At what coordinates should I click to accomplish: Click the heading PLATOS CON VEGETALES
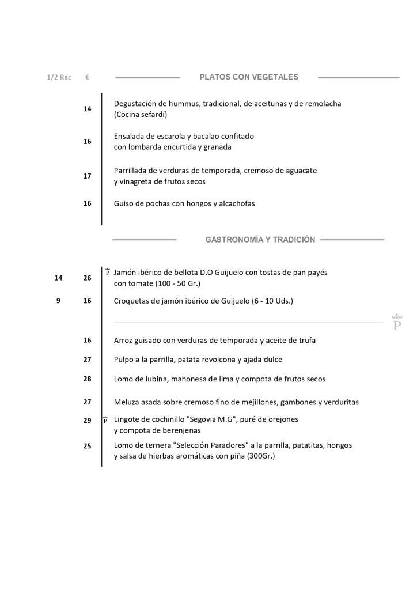pyautogui.click(x=249, y=77)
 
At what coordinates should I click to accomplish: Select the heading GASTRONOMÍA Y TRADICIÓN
pyautogui.click(x=260, y=240)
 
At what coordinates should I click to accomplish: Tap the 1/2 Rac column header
pyautogui.click(x=59, y=77)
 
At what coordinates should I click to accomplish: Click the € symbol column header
pyautogui.click(x=87, y=77)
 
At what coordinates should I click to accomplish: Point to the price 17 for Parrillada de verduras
pyautogui.click(x=87, y=176)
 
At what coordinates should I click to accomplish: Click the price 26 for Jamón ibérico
pyautogui.click(x=87, y=278)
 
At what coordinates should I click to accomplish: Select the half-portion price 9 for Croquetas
pyautogui.click(x=58, y=301)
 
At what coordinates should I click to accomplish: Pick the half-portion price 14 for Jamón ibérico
pyautogui.click(x=58, y=278)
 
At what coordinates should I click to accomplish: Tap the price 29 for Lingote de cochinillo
pyautogui.click(x=87, y=421)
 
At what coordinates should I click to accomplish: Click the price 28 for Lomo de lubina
pyautogui.click(x=87, y=379)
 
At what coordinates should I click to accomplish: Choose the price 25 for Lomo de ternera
pyautogui.click(x=87, y=445)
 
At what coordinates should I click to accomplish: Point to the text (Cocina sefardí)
pyautogui.click(x=140, y=115)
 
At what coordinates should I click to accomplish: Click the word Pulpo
pyautogui.click(x=124, y=360)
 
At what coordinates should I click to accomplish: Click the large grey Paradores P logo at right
pyautogui.click(x=396, y=323)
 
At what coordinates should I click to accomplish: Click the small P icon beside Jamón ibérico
pyautogui.click(x=107, y=271)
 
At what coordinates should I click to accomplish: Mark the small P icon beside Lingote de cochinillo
pyautogui.click(x=105, y=420)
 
